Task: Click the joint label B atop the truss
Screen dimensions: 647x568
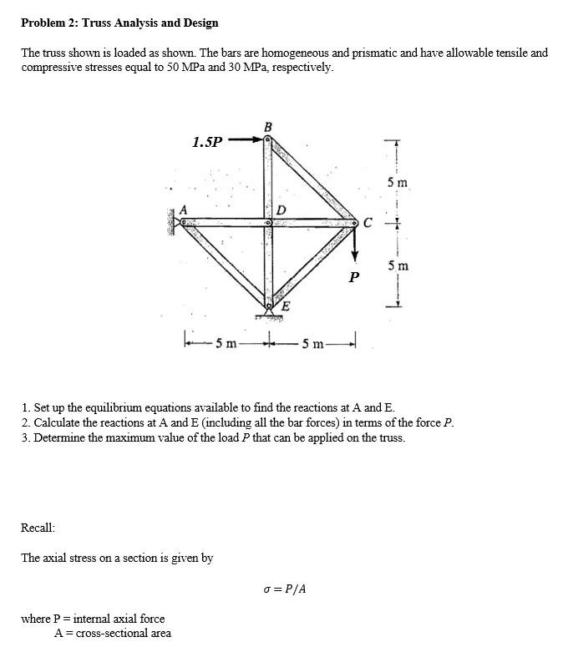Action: (x=267, y=127)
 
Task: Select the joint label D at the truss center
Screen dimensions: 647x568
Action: (x=281, y=209)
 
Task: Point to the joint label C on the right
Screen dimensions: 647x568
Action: (x=368, y=222)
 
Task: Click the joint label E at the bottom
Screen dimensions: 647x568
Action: (x=286, y=306)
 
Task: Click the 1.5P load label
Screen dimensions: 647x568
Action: (x=207, y=142)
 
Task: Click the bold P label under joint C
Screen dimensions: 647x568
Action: (x=354, y=276)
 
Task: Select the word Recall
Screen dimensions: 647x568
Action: (x=38, y=528)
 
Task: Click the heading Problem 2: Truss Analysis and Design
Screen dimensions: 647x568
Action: (x=119, y=23)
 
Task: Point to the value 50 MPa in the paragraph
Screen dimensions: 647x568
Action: (x=182, y=67)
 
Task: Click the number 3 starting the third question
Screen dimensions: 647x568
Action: (x=25, y=437)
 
